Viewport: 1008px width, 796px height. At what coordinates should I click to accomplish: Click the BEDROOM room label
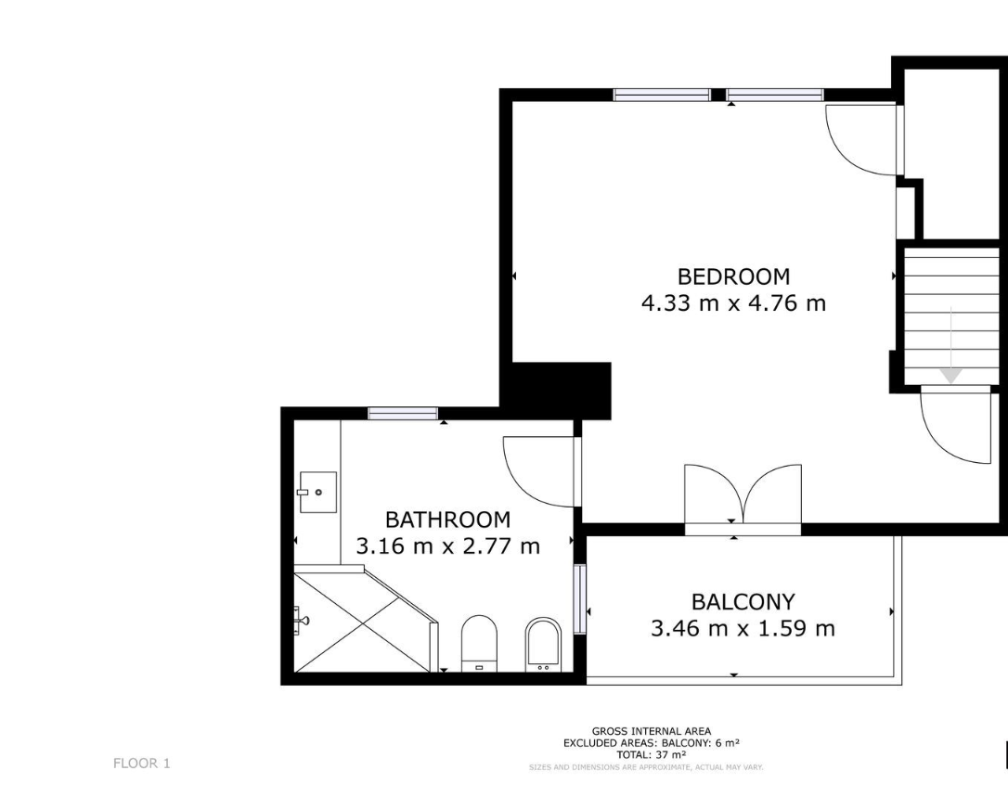(x=733, y=276)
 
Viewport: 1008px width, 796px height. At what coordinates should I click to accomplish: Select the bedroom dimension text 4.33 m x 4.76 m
(x=733, y=302)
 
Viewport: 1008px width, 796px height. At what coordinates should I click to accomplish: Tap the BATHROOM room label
(x=448, y=520)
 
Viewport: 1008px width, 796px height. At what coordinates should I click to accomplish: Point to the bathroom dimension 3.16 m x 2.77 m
(x=448, y=546)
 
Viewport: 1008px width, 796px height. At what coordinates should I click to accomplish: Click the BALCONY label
(x=743, y=601)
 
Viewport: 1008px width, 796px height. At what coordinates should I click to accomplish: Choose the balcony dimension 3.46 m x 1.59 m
(x=743, y=628)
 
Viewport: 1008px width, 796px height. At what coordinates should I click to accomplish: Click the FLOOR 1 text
(x=141, y=764)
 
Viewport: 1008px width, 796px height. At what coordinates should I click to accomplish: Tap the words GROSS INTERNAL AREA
(x=652, y=731)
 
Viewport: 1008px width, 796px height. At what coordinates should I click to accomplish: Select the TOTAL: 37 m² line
(x=652, y=755)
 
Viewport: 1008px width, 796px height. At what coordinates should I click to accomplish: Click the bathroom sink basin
(x=318, y=492)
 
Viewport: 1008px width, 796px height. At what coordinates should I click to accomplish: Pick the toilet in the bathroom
(x=480, y=642)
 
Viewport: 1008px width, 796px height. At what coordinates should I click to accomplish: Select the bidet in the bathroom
(x=543, y=645)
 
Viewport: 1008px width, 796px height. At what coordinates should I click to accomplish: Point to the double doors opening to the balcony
(x=743, y=494)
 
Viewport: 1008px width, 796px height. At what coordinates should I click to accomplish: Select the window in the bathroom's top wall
(x=403, y=413)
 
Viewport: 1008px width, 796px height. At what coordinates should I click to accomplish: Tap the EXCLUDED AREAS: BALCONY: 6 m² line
(x=652, y=743)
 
